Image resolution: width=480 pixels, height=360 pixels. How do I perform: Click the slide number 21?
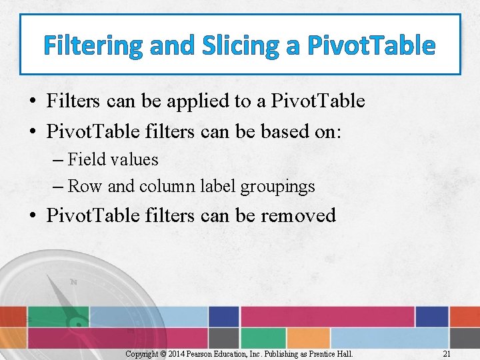[447, 353]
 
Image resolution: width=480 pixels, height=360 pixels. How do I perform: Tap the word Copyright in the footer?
[143, 353]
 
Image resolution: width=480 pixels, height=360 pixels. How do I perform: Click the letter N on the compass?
[74, 282]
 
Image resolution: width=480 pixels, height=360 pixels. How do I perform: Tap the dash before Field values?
[57, 160]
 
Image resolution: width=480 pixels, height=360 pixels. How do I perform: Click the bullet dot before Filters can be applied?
[32, 102]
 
